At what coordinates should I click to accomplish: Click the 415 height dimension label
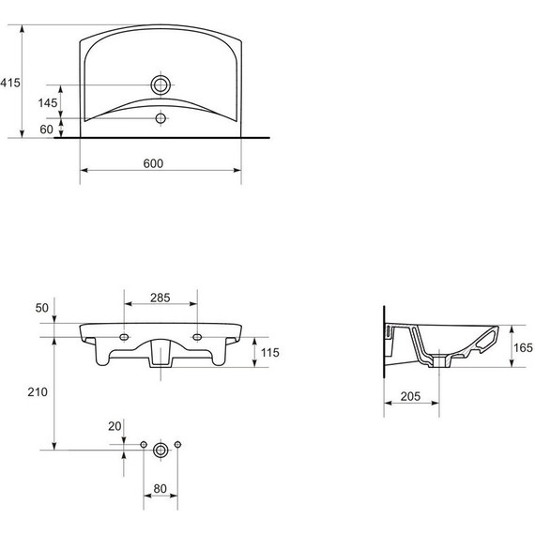(x=10, y=83)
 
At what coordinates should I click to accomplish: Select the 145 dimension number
(x=48, y=102)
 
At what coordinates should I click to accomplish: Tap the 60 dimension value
(x=46, y=130)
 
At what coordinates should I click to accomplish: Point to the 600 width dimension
(x=153, y=163)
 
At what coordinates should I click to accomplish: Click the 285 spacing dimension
(x=160, y=298)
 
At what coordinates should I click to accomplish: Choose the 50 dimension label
(x=42, y=308)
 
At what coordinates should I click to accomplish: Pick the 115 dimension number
(x=270, y=353)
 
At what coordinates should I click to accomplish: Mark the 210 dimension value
(x=38, y=392)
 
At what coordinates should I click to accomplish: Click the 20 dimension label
(x=115, y=426)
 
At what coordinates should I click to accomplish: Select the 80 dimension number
(x=160, y=489)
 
